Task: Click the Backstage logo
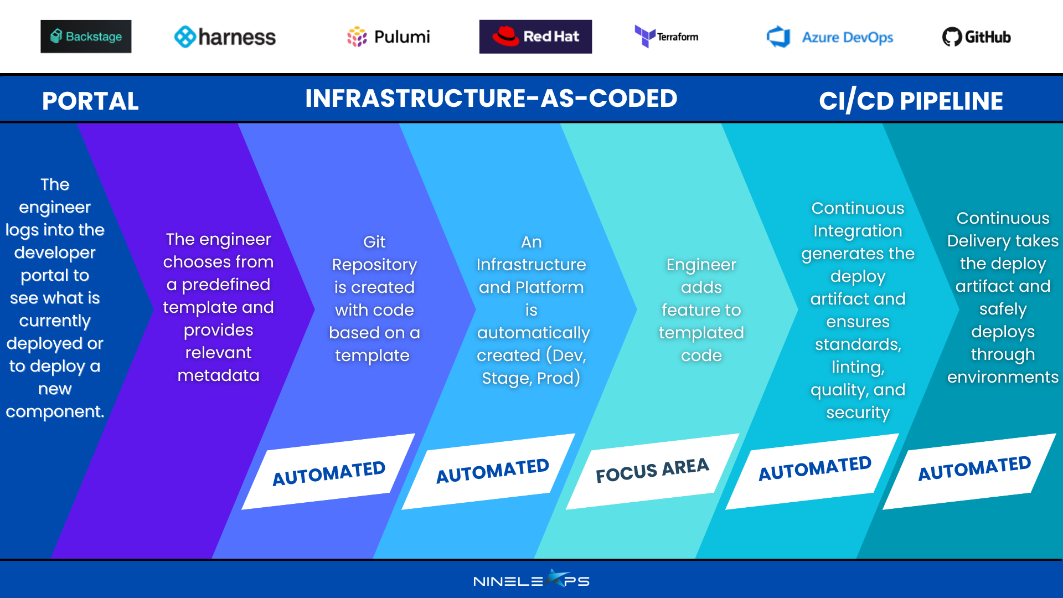[86, 37]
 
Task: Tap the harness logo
[225, 37]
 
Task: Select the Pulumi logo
[388, 37]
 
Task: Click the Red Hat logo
[535, 37]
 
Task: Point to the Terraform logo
[667, 37]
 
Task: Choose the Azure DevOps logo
[830, 37]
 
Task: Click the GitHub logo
[977, 37]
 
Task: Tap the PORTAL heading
[90, 101]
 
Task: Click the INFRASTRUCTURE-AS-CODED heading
[491, 99]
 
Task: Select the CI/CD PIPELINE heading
[911, 101]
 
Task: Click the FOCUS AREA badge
[653, 471]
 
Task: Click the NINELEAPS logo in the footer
[531, 580]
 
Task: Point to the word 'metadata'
[218, 375]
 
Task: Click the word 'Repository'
[374, 265]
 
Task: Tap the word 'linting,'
[858, 367]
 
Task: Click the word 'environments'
[1003, 377]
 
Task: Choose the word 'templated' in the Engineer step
[701, 333]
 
